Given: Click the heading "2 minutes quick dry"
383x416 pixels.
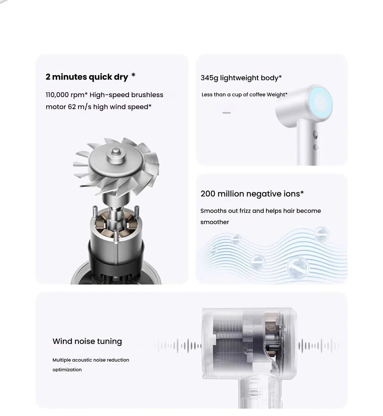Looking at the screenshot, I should [87, 77].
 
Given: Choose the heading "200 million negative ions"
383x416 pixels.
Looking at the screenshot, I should [252, 194].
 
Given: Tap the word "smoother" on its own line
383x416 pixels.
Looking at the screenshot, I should [214, 222].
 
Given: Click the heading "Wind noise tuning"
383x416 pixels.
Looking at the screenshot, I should [87, 341].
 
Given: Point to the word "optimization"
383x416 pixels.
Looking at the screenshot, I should [67, 370].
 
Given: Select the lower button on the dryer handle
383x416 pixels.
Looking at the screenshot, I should [315, 147].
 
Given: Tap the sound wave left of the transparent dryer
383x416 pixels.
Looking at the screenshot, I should [180, 346].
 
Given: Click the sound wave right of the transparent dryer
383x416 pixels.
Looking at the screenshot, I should [318, 346].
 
